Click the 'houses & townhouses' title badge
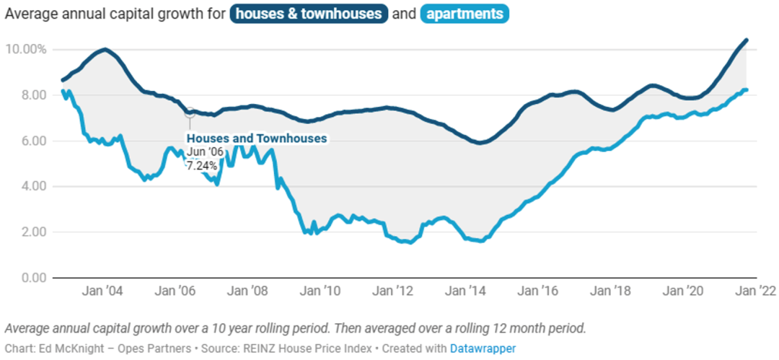pos(309,14)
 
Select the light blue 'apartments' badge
pos(464,14)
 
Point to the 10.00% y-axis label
pos(26,49)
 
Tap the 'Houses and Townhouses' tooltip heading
pos(257,138)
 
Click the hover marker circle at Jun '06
pos(190,112)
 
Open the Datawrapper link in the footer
pos(483,348)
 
